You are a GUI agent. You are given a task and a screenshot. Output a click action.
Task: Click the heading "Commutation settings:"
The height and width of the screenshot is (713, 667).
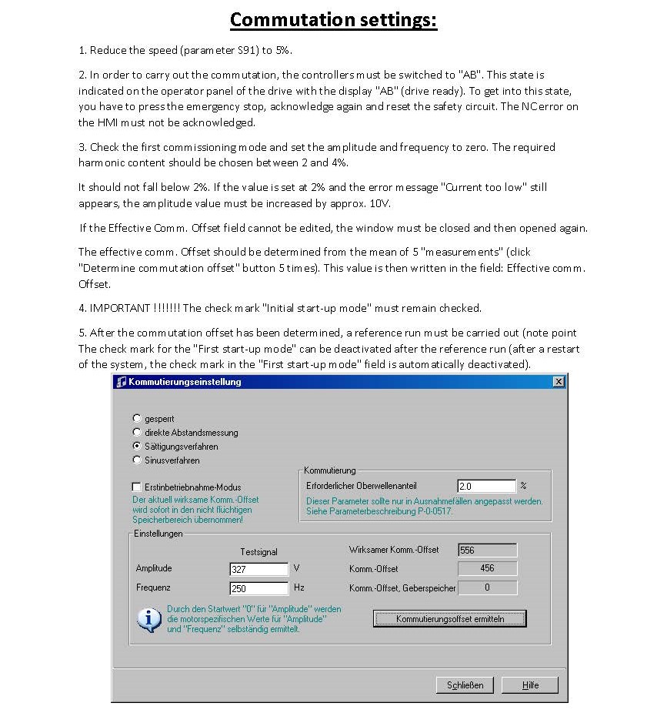coord(333,19)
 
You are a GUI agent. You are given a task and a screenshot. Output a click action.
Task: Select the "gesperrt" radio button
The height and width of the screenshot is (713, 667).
coord(137,418)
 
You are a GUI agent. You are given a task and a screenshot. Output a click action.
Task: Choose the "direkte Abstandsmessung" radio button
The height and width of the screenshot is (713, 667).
coord(137,432)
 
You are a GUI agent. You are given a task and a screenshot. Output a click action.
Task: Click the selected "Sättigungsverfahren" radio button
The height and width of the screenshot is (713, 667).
coord(137,446)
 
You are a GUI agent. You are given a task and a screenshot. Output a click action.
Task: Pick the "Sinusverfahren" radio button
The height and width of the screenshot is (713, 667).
coord(137,460)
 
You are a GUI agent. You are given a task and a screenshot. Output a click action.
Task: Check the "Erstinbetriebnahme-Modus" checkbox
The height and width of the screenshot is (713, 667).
coord(137,487)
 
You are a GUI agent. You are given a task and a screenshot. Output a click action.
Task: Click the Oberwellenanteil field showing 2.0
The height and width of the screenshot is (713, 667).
coord(486,486)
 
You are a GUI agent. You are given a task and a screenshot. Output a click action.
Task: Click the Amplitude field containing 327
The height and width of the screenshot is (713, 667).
coord(259,569)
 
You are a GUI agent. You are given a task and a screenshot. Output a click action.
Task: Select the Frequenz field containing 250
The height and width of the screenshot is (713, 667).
coord(259,588)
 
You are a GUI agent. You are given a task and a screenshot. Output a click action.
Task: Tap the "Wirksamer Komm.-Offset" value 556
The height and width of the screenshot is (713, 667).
coord(487,550)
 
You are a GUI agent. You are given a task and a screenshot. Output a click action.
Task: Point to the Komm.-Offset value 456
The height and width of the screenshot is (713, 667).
coord(487,568)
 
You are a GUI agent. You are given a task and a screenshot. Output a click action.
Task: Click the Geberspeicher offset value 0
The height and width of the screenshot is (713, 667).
coord(487,587)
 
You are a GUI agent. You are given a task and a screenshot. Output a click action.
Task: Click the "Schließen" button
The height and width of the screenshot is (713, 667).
coord(465,685)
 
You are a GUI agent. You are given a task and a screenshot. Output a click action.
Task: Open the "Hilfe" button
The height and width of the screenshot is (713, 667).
coord(531,685)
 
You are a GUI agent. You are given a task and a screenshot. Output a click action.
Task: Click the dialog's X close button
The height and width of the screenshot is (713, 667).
coord(559,382)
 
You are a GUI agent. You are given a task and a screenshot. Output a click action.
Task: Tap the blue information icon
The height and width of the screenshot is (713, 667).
coord(149,618)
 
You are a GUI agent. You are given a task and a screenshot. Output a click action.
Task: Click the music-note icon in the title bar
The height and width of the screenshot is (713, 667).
coord(121,382)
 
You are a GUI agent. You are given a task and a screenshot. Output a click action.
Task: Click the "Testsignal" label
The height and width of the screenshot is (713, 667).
coord(258,551)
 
